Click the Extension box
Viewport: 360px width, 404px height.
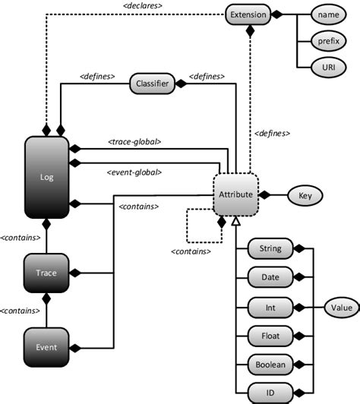click(248, 14)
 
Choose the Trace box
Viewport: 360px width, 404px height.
click(46, 272)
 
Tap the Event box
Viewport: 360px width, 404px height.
click(46, 347)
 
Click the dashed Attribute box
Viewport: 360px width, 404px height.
click(235, 194)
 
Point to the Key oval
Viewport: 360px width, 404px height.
click(305, 195)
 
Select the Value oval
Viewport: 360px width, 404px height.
click(336, 308)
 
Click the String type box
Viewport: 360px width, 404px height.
click(270, 248)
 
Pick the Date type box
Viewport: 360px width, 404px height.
click(270, 277)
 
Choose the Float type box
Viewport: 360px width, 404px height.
click(270, 336)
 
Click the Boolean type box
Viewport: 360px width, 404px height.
click(270, 365)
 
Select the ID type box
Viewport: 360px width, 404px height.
click(270, 393)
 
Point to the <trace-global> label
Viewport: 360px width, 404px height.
click(134, 140)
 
